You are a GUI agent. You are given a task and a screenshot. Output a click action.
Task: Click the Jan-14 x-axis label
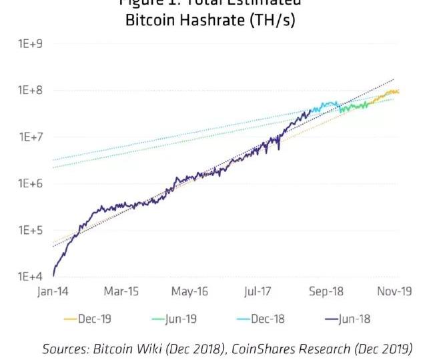[x=53, y=292]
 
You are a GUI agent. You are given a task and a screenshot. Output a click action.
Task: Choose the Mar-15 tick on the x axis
[x=121, y=292]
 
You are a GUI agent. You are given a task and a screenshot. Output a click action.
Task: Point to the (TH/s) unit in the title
[x=270, y=21]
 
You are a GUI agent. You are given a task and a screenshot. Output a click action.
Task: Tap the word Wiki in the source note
[x=147, y=348]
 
